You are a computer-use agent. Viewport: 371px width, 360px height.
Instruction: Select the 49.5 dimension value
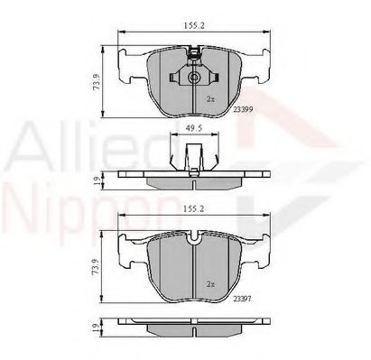pyautogui.click(x=193, y=129)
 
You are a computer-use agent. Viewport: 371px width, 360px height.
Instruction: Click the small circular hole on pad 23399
pyautogui.click(x=194, y=79)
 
